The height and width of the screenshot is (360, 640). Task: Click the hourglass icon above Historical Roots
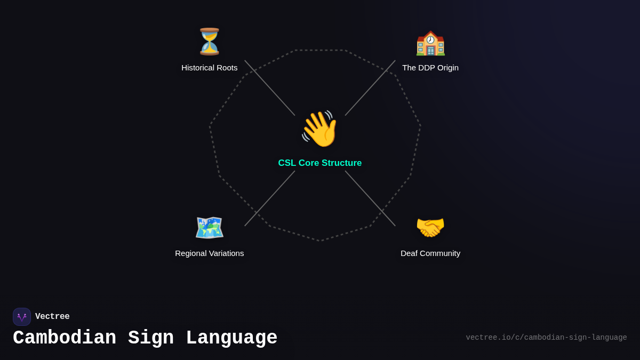click(x=210, y=42)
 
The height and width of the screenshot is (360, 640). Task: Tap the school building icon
click(x=430, y=43)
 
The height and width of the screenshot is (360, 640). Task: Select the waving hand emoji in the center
click(x=320, y=129)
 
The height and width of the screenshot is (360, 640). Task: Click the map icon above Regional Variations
click(x=210, y=228)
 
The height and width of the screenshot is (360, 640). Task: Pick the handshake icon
click(x=430, y=228)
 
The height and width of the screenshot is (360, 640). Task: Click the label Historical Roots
click(x=210, y=68)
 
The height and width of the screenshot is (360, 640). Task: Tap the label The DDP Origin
click(x=430, y=68)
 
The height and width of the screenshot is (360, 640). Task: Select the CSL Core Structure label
click(x=320, y=163)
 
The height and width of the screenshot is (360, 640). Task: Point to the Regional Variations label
click(x=210, y=253)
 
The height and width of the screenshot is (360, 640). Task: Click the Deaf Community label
click(x=430, y=253)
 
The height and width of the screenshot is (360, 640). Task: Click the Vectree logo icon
click(x=22, y=317)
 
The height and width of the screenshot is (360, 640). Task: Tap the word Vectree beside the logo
click(x=52, y=317)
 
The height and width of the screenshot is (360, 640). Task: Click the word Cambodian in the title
click(x=65, y=338)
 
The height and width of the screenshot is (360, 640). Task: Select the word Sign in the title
click(x=151, y=338)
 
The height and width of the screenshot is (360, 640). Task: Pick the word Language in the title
click(x=231, y=338)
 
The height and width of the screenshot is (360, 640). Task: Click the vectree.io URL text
click(x=546, y=338)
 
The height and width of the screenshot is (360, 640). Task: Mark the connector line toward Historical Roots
click(x=270, y=88)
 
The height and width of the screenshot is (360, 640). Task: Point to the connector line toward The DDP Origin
click(x=370, y=88)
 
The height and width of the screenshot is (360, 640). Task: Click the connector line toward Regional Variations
click(x=270, y=198)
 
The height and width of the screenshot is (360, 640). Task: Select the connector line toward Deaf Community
click(x=370, y=198)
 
